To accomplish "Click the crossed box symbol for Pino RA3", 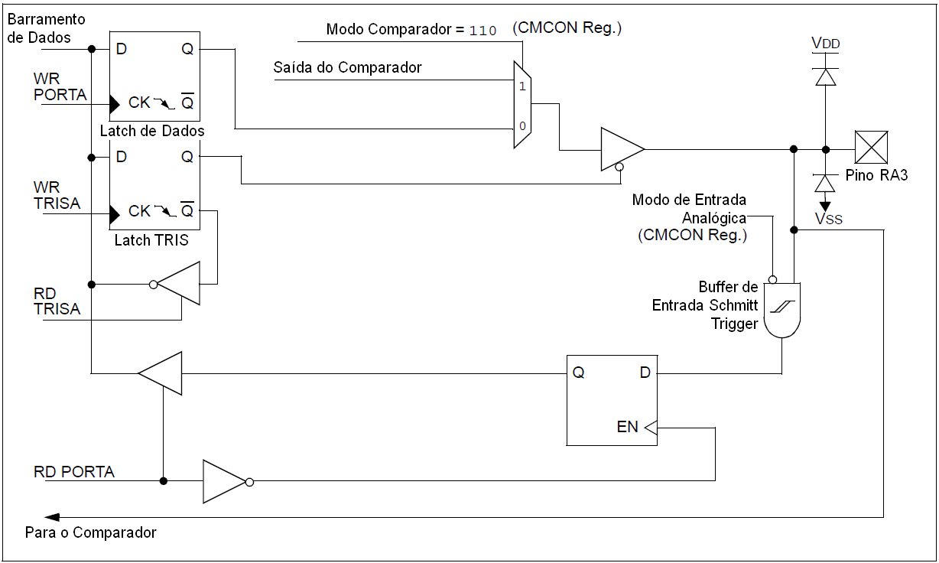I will [x=871, y=148].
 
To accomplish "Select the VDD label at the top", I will [x=826, y=44].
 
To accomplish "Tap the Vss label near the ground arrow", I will [x=828, y=220].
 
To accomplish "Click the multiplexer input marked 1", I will [x=522, y=86].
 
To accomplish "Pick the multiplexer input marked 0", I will [x=522, y=125].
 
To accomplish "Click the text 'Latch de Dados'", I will [x=152, y=131].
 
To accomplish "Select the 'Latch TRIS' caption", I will [x=151, y=240].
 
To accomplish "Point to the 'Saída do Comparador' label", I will [x=347, y=67].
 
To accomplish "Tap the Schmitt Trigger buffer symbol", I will [x=782, y=308].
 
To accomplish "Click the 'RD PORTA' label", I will [x=74, y=471].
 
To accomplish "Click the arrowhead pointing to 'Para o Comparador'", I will [x=53, y=516].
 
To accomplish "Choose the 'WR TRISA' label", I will [x=57, y=196].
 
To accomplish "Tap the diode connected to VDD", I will [x=826, y=76].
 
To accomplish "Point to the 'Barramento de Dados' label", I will [x=45, y=28].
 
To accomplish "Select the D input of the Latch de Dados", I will [x=121, y=50].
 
